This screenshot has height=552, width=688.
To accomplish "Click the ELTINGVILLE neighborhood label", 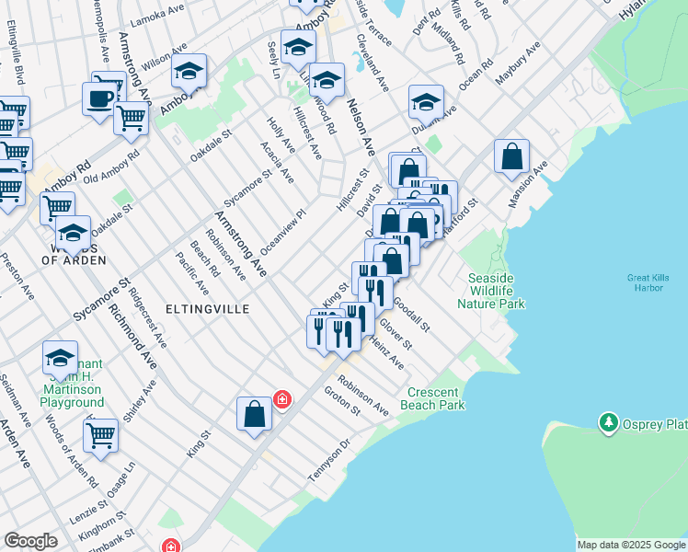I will tap(208, 309).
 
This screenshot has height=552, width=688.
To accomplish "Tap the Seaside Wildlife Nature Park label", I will tap(496, 291).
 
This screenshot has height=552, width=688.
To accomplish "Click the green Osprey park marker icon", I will tap(608, 422).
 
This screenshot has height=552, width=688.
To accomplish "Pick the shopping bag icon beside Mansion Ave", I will tap(511, 157).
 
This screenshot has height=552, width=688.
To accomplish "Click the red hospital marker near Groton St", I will tap(282, 399).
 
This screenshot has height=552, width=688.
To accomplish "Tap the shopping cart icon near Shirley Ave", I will tap(100, 435).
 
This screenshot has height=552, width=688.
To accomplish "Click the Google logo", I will tap(30, 541).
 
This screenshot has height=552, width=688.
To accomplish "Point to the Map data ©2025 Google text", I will tap(630, 545).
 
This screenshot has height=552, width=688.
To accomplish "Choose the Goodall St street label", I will tap(411, 314).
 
